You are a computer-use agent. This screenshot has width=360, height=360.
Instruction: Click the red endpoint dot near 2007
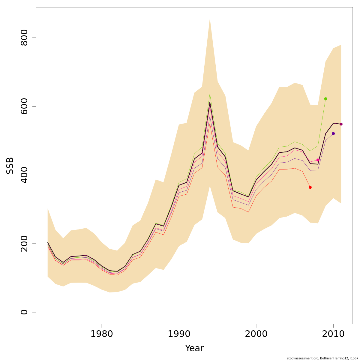click(310, 187)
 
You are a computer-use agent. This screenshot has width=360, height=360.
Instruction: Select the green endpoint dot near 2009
click(325, 99)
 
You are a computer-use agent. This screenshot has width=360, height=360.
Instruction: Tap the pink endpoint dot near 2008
click(318, 160)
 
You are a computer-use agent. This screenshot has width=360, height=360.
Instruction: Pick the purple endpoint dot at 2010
click(333, 133)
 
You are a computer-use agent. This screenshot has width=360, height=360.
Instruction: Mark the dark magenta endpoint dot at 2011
click(341, 124)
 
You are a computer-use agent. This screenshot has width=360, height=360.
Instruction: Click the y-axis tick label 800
click(24, 38)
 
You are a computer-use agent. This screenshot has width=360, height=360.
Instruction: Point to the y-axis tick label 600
click(24, 106)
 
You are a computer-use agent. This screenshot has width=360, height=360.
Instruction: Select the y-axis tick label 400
click(24, 175)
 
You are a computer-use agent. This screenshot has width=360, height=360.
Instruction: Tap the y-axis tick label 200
click(24, 244)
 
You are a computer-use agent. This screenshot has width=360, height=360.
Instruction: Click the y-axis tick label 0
click(24, 312)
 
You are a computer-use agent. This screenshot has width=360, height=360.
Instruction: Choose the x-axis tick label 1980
click(102, 334)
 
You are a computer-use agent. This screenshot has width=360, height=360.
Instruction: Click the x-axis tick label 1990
click(179, 334)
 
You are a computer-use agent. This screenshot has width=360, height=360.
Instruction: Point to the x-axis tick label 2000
click(256, 334)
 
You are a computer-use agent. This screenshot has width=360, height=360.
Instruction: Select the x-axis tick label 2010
click(333, 334)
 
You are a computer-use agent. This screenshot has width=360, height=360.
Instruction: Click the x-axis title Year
click(194, 348)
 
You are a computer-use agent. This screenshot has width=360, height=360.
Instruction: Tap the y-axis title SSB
click(10, 166)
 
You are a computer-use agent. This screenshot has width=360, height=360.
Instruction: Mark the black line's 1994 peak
click(210, 102)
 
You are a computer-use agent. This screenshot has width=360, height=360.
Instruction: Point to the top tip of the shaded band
click(210, 19)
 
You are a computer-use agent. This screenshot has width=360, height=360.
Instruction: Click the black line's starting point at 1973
click(48, 243)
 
